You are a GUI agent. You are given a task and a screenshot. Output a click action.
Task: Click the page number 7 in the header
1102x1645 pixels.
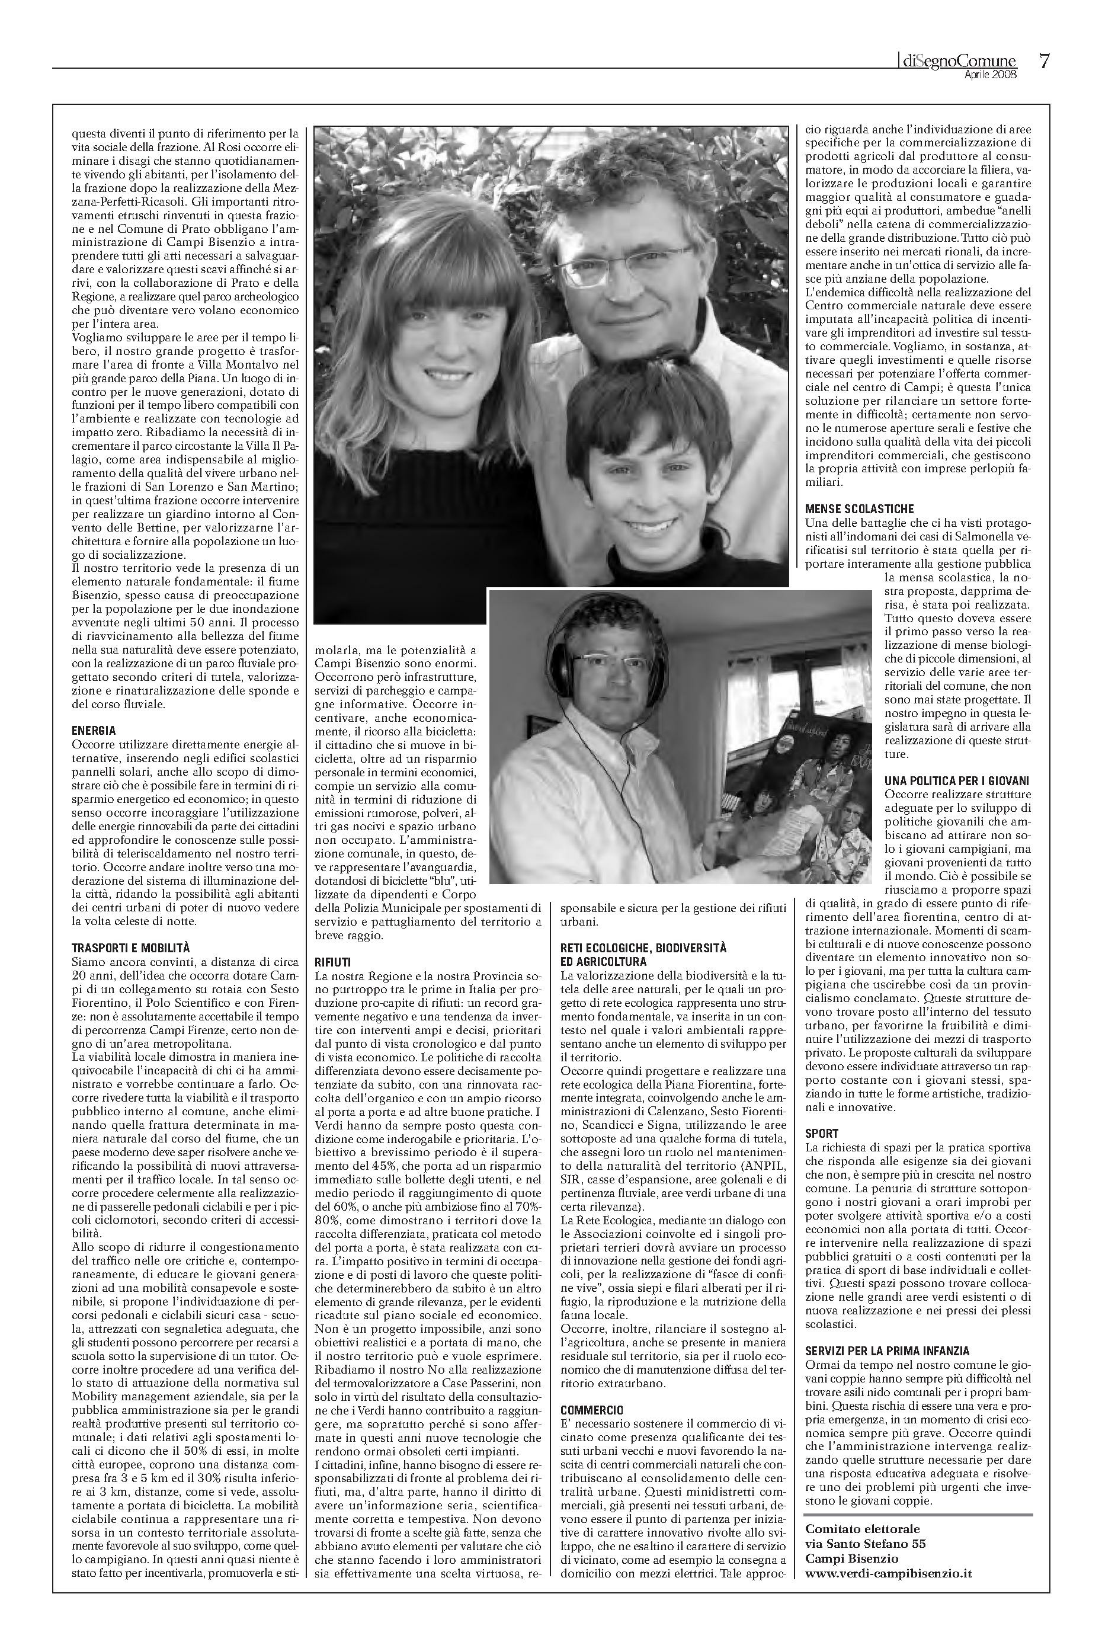[x=1045, y=62]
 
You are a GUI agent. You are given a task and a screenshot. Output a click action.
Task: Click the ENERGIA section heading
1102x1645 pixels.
[x=94, y=731]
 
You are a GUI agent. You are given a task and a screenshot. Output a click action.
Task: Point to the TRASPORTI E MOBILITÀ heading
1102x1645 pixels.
[x=131, y=948]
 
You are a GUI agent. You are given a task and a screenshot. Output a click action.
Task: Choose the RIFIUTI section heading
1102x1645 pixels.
[x=332, y=961]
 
